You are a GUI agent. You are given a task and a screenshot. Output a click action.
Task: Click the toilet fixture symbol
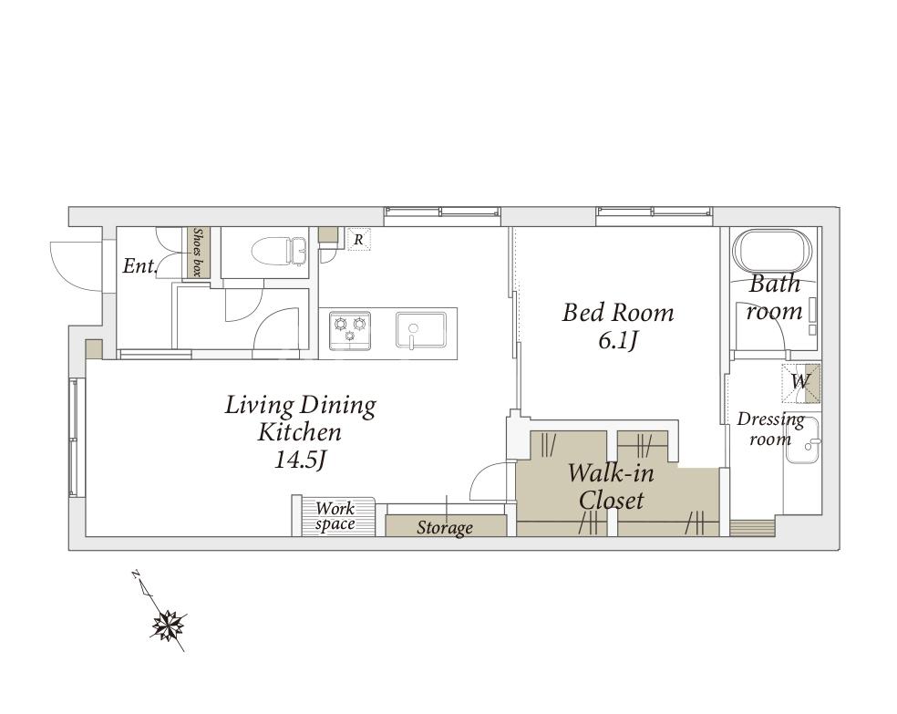point(280,251)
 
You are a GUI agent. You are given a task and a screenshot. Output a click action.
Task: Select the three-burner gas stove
point(350,331)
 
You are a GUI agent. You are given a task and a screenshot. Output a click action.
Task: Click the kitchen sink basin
point(421,330)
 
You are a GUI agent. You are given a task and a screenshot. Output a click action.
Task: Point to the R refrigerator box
point(358,239)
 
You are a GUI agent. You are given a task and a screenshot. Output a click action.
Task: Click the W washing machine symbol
point(801,382)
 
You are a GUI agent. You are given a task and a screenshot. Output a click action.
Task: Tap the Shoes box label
point(199,253)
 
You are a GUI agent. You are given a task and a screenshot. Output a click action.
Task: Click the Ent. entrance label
point(140,266)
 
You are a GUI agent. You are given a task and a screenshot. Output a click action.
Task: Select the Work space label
point(335,516)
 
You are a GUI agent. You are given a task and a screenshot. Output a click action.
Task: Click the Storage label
point(445,527)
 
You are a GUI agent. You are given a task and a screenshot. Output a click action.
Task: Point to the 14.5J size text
point(300,460)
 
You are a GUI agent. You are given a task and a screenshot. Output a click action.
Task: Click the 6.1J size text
point(618,341)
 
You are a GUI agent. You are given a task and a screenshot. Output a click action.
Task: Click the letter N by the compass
point(136,574)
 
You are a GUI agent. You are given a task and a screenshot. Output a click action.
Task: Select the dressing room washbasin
point(802,440)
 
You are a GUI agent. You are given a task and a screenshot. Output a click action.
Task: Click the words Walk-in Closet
point(611,486)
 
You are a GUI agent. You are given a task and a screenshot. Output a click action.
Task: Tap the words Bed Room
point(618,313)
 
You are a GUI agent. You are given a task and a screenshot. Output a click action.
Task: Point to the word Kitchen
point(300,432)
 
